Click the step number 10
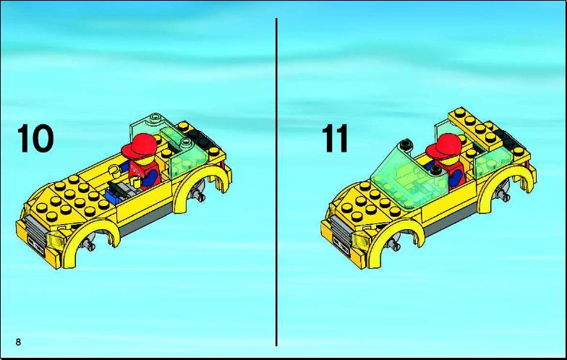coord(35,139)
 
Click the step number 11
coord(335,139)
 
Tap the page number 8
coord(18,342)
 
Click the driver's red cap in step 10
coord(139,145)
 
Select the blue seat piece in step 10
coord(114,197)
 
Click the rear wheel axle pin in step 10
coord(198,195)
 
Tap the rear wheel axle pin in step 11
coord(503,195)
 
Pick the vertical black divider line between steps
coord(276,182)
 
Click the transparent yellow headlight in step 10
coord(55,239)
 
